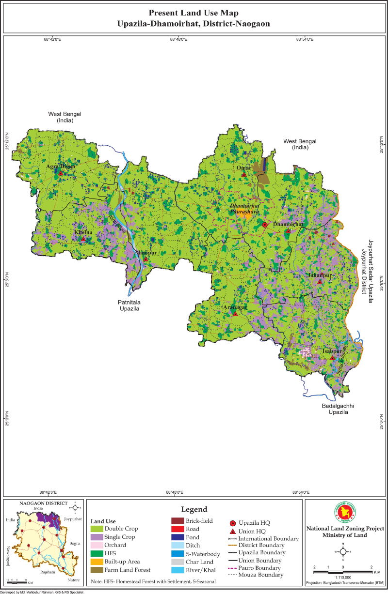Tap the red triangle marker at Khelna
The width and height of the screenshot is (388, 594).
coord(83,239)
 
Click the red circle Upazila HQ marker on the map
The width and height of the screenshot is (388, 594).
coord(265,225)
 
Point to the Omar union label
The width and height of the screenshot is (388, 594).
coord(243,168)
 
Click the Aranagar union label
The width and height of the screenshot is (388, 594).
coord(235,307)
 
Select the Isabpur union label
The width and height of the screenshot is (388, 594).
coord(332,351)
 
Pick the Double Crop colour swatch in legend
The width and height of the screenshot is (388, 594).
coord(97,529)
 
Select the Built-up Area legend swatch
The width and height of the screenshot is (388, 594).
coord(97,562)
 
